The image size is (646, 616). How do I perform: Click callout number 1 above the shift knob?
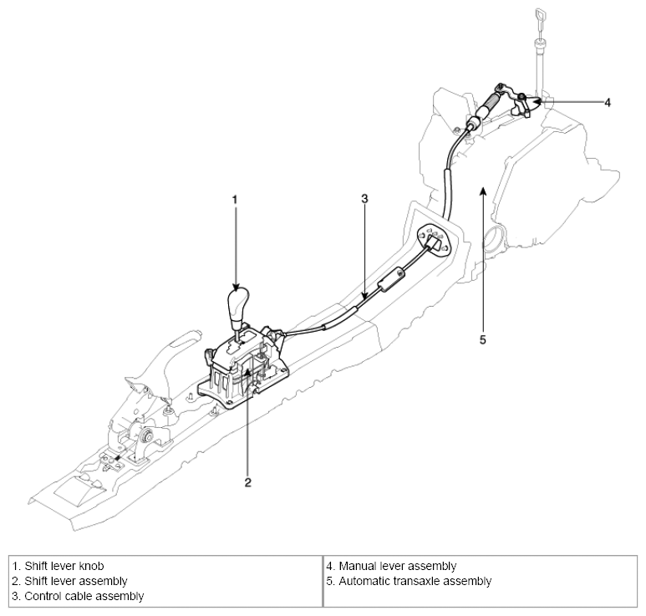pos(236,200)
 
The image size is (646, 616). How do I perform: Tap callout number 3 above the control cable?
pos(364,200)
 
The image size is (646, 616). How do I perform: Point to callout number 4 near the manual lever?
pos(608,102)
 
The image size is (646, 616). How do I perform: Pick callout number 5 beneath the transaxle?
pos(483,340)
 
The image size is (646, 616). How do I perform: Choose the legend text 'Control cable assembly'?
pos(77,596)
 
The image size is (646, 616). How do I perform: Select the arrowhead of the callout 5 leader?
pos(483,191)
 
